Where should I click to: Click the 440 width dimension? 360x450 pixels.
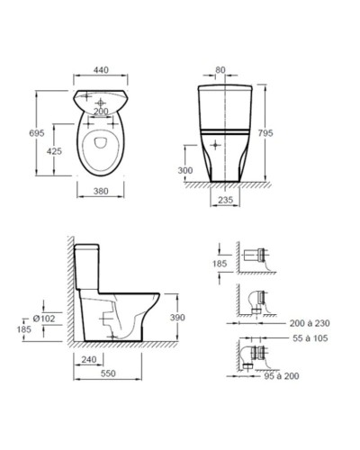[101, 70]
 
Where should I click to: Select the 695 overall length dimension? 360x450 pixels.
[37, 133]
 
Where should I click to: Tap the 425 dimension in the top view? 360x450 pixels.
[54, 151]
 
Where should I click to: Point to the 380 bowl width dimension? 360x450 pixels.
[101, 191]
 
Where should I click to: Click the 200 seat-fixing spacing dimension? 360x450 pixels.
[101, 112]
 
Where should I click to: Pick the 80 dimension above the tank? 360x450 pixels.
[220, 70]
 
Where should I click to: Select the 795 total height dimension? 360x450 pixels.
[265, 133]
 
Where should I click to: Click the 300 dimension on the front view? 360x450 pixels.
[185, 170]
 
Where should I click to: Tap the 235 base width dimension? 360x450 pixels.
[225, 200]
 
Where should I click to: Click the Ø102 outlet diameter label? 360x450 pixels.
[44, 319]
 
